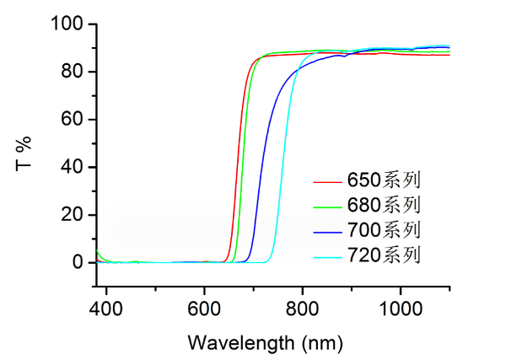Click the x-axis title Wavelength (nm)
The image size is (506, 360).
point(266,342)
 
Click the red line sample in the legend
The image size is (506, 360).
point(326,180)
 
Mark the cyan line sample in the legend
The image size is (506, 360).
point(326,254)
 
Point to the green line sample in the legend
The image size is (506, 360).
point(326,205)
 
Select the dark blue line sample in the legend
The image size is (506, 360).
point(326,229)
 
